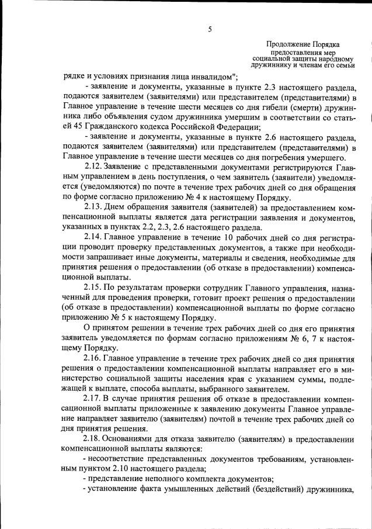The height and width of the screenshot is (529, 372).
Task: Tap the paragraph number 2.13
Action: pyautogui.click(x=94, y=207)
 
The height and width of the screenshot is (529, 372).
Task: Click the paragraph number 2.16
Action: pyautogui.click(x=94, y=358)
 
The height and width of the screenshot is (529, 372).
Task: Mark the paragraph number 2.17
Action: pyautogui.click(x=94, y=398)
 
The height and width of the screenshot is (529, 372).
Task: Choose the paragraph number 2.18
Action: pyautogui.click(x=94, y=438)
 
